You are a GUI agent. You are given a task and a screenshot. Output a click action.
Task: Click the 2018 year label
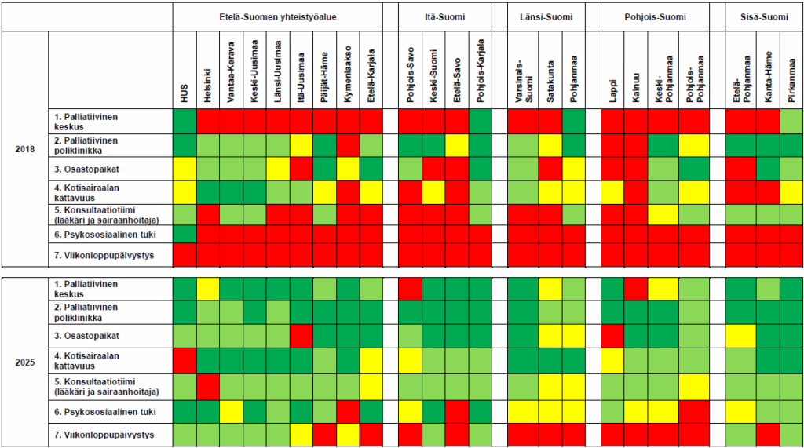(24, 149)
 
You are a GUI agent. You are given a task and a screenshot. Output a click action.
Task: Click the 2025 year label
(24, 362)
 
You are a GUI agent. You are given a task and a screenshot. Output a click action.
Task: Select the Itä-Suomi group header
(445, 17)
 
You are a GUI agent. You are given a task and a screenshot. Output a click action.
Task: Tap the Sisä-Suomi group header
(764, 17)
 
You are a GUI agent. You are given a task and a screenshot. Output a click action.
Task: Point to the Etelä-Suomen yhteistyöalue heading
(278, 17)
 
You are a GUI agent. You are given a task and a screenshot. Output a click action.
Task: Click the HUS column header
(185, 93)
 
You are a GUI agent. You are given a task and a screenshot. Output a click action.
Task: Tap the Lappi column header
(612, 91)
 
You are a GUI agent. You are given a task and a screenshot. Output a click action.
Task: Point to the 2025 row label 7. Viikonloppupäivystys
(104, 435)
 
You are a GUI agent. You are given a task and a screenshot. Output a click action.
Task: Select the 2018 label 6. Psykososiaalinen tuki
(105, 235)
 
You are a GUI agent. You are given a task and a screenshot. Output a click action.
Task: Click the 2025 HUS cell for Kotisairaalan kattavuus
(185, 361)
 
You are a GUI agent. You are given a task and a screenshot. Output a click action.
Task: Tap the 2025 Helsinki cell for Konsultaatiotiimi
(208, 387)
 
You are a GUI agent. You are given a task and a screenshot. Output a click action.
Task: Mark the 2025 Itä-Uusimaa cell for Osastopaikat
(301, 337)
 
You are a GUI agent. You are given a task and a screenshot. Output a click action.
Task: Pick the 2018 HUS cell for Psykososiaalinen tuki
(185, 235)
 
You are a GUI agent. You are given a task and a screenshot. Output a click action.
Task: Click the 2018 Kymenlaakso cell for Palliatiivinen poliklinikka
(348, 146)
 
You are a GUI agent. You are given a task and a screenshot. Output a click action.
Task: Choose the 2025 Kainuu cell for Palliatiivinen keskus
(636, 289)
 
